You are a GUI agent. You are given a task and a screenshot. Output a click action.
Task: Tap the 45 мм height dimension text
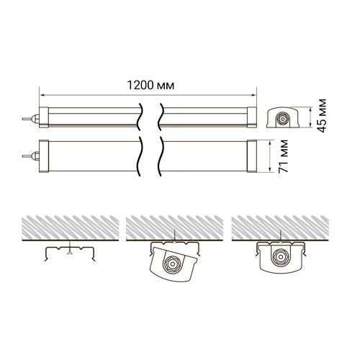pos(322,115)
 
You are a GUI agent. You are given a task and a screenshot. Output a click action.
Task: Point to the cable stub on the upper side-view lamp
pos(30,116)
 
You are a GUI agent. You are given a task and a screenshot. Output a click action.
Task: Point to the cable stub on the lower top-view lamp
pos(30,154)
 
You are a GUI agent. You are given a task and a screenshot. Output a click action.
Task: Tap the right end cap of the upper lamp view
pos(252,116)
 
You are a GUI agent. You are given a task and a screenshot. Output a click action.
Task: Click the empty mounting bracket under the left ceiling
pos(68,252)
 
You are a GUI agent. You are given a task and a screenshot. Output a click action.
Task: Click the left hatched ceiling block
pos(68,228)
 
